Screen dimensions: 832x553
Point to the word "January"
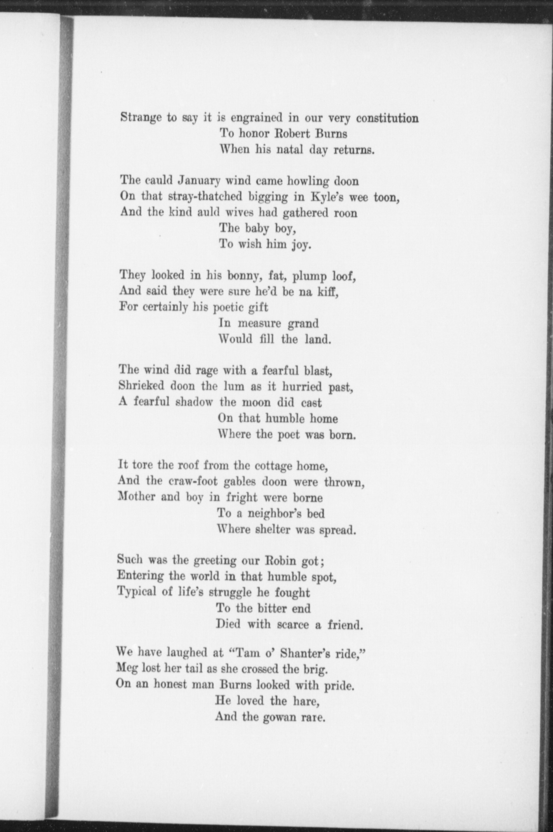click(199, 181)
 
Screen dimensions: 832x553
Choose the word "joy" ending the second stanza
click(299, 245)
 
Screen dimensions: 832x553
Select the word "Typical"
click(136, 592)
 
